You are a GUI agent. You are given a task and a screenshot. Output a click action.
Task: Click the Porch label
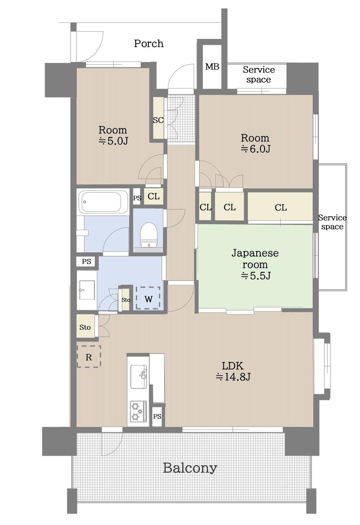[148, 44]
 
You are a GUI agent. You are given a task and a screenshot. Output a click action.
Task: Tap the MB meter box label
[212, 67]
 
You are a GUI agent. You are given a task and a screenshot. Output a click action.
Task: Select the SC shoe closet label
[158, 120]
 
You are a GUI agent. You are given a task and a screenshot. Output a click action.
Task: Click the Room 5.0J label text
[113, 135]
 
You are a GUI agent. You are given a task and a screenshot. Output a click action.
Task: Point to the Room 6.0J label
[255, 143]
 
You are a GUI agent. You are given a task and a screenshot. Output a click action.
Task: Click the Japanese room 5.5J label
[255, 264]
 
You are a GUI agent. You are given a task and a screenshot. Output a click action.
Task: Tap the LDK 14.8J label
[233, 371]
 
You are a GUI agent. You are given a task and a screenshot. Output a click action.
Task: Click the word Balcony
[190, 468]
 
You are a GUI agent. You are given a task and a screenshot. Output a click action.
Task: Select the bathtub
[103, 202]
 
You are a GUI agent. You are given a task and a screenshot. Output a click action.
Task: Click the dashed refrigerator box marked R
[89, 356]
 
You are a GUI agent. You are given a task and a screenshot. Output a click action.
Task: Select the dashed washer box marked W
[148, 298]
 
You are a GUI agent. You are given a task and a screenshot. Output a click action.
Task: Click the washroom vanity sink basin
[87, 290]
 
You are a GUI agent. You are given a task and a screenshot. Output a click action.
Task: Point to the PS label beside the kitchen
[157, 417]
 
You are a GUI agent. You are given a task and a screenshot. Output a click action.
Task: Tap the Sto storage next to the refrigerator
[85, 327]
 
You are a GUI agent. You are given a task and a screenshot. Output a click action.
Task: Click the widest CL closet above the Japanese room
[280, 208]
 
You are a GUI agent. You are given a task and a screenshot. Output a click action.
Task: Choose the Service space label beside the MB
[258, 75]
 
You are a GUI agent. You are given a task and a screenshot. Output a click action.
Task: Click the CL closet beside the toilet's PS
[153, 196]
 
